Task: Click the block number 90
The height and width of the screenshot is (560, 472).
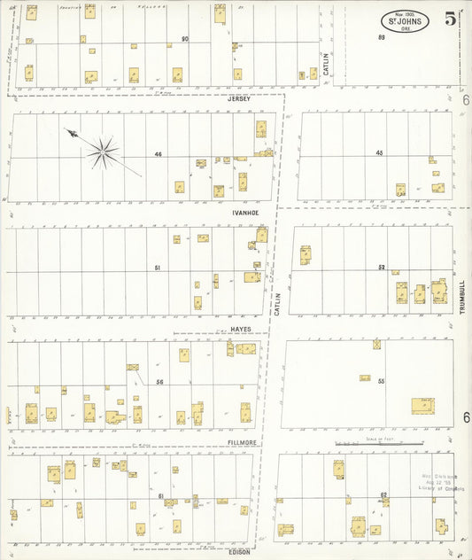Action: click(185, 39)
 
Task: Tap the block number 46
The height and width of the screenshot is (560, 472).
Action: click(159, 155)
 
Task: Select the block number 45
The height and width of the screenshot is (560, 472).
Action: click(379, 153)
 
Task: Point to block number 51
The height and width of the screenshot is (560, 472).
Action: click(158, 268)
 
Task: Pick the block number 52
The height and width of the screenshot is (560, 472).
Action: click(382, 267)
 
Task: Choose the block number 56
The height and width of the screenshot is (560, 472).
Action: click(160, 382)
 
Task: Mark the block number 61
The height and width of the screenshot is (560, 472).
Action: click(161, 496)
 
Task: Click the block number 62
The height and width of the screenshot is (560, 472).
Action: click(383, 494)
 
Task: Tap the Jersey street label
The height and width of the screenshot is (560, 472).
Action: click(239, 98)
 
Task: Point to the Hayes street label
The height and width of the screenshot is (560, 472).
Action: click(241, 328)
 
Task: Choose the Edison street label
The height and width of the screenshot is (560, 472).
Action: click(239, 552)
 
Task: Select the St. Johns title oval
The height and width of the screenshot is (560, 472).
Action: click(406, 21)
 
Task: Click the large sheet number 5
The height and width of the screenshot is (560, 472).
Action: click(451, 19)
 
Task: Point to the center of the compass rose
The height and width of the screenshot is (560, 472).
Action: click(104, 152)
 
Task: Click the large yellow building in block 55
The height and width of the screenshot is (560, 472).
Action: click(423, 406)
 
